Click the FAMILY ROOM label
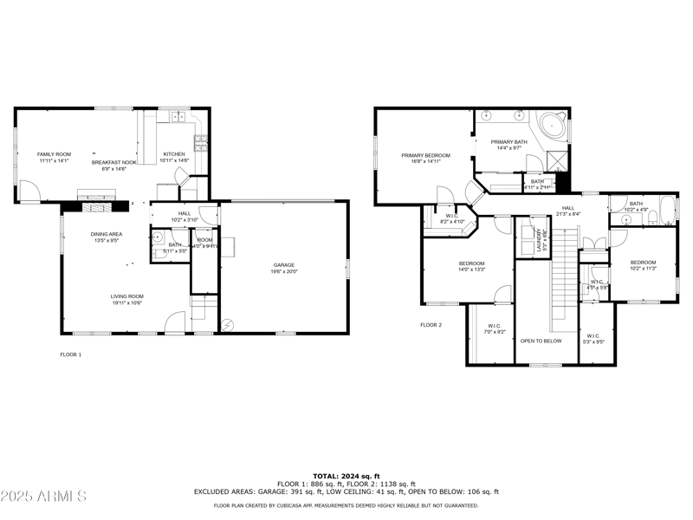[x=54, y=153]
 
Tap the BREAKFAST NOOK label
[x=115, y=162]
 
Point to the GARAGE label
[x=284, y=264]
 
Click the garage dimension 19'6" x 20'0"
[x=284, y=272]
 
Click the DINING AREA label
[x=106, y=234]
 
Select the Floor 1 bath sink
[x=158, y=237]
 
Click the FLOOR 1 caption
[x=70, y=354]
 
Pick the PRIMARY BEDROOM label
[x=425, y=155]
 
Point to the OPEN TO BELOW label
[x=541, y=341]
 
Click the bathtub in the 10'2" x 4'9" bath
[x=666, y=211]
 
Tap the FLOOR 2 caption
[x=431, y=324]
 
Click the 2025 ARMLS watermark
[x=43, y=497]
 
